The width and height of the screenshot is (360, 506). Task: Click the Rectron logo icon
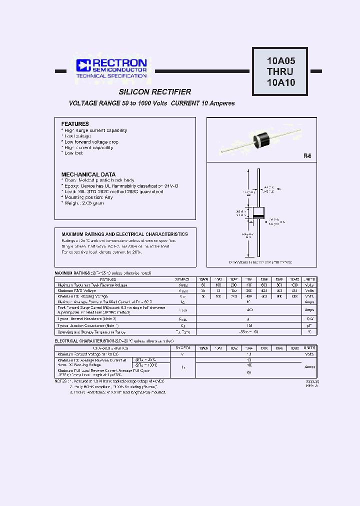tap(82, 65)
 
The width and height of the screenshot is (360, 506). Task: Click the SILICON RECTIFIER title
tap(155, 92)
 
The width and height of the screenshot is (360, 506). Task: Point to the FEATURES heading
tap(75, 123)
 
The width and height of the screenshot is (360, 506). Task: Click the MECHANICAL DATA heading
tap(88, 174)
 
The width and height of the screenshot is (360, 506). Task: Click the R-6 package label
tap(307, 156)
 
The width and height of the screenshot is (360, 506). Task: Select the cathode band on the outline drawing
tap(258, 216)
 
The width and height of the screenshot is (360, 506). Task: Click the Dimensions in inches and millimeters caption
tap(260, 262)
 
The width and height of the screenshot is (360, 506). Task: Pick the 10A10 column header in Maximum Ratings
tap(295, 279)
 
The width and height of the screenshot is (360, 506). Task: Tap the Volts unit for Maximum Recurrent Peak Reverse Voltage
tap(310, 285)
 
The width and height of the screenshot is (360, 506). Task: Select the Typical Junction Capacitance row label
tap(84, 325)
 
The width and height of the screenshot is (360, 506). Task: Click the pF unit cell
tap(310, 325)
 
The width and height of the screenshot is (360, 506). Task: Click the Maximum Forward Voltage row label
tap(81, 353)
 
